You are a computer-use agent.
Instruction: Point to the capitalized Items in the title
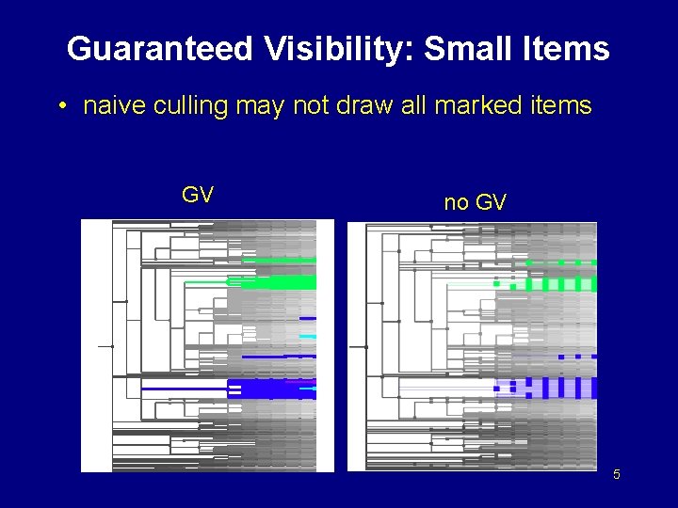tap(568, 49)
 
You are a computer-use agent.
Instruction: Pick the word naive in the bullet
tap(110, 105)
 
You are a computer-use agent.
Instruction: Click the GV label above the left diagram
tap(197, 195)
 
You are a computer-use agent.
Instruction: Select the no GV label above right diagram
tap(475, 202)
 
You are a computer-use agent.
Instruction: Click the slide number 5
tap(617, 474)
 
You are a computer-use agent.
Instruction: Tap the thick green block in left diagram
tap(280, 281)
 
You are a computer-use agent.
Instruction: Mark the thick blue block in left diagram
tap(273, 389)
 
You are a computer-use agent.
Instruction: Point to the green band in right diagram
tap(546, 283)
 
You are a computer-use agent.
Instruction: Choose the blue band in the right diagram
tap(546, 387)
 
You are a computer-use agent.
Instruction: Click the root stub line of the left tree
tap(105, 346)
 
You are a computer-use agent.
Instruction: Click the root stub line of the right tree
tap(357, 346)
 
